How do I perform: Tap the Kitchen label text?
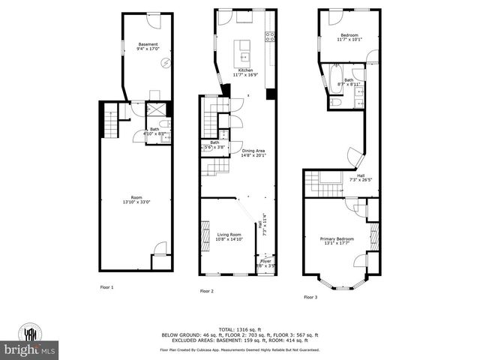246,70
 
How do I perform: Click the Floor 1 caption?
107,287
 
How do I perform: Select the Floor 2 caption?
206,291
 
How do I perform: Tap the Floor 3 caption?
310,297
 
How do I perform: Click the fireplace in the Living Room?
203,235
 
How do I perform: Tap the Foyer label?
265,262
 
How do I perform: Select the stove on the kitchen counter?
270,37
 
